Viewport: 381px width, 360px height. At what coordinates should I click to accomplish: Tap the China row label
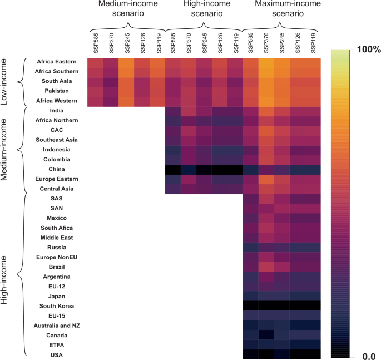click(x=72, y=169)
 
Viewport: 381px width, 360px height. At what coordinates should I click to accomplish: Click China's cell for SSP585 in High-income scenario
click(x=173, y=169)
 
